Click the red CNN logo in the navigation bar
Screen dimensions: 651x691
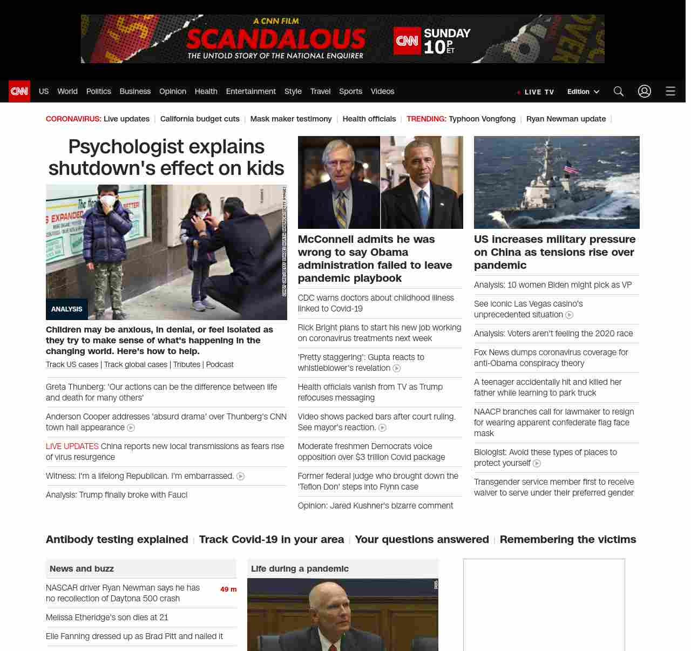point(19,91)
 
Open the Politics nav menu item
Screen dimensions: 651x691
point(98,91)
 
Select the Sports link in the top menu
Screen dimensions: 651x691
point(350,91)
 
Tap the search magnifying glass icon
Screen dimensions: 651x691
point(619,91)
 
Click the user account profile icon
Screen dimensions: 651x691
point(645,91)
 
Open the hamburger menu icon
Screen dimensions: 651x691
point(670,91)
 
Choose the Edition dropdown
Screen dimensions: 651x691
point(583,92)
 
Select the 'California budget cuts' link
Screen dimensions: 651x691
point(200,119)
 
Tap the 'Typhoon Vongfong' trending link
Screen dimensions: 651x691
point(482,119)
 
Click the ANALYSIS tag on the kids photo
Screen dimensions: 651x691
point(67,309)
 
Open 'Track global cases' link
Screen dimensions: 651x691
point(136,364)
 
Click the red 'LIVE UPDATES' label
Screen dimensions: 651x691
point(72,446)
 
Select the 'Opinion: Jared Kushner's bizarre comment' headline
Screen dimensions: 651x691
point(375,506)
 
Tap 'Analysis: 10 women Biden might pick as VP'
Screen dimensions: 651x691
point(553,285)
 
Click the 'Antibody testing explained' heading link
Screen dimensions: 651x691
point(117,539)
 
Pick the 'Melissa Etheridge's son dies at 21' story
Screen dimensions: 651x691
point(107,618)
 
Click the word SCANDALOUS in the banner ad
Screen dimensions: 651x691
point(276,39)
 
